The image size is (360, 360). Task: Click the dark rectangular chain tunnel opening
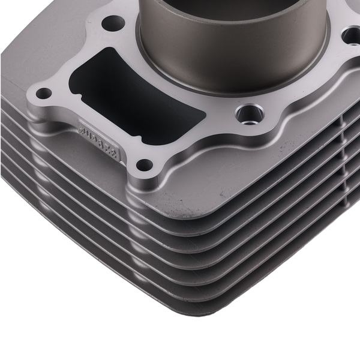click(138, 90)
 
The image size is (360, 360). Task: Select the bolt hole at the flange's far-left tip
click(43, 93)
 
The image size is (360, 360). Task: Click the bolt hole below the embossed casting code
click(143, 163)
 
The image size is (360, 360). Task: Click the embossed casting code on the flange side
click(100, 140)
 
